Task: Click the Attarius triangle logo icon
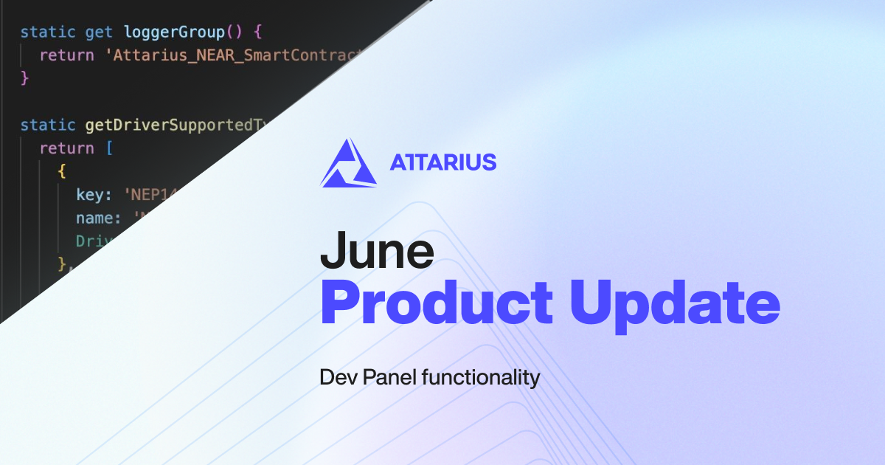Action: [348, 163]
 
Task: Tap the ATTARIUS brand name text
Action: [442, 162]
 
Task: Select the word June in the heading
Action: [376, 252]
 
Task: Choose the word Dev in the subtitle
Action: [336, 378]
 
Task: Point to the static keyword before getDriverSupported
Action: [48, 125]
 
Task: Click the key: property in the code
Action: [94, 195]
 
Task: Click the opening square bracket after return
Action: [109, 148]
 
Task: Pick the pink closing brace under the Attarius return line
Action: [24, 77]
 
